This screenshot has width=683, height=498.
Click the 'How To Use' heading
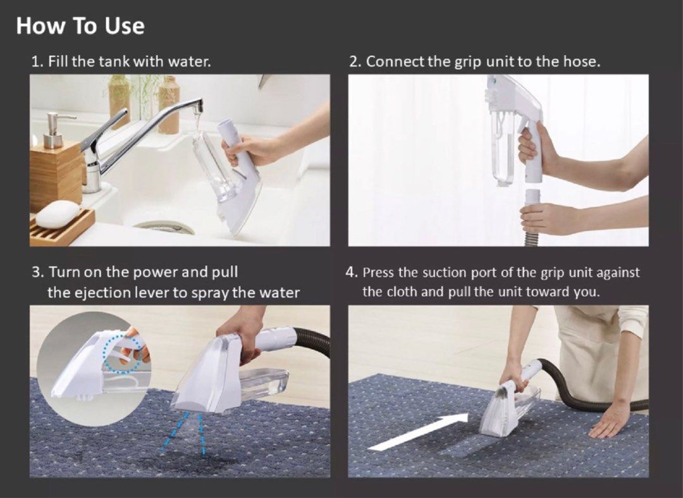click(x=80, y=26)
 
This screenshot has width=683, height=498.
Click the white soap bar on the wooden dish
click(x=57, y=213)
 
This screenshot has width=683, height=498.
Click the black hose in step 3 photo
click(x=313, y=342)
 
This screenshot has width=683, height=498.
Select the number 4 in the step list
click(x=351, y=273)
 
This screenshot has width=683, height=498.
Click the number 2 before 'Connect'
click(x=354, y=62)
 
